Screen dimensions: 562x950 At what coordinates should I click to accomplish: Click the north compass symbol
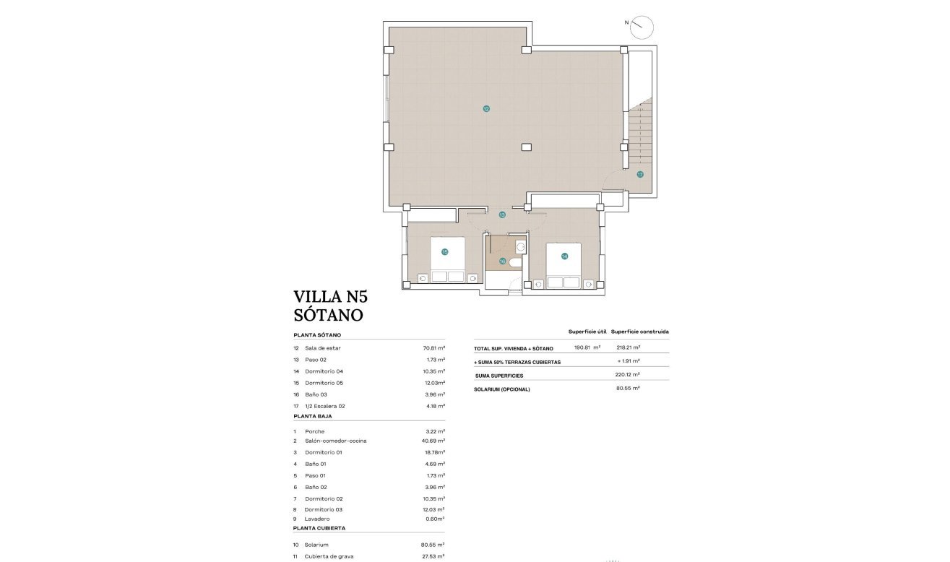(x=641, y=27)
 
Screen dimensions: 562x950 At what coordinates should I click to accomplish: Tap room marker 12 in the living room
(x=486, y=109)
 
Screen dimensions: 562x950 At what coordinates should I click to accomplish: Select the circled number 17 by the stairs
(x=640, y=174)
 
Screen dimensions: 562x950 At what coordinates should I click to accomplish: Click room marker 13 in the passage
(x=501, y=215)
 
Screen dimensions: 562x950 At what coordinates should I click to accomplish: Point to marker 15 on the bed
(x=445, y=252)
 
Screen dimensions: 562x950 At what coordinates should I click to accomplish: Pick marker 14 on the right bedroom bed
(x=564, y=256)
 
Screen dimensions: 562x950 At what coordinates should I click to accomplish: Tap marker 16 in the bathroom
(x=502, y=261)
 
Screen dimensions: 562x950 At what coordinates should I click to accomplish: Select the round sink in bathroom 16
(x=520, y=246)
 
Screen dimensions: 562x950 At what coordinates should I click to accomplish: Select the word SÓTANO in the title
(x=328, y=315)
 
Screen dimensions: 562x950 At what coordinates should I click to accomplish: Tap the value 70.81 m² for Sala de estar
(x=433, y=348)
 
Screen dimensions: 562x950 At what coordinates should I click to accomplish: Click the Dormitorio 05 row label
(x=324, y=383)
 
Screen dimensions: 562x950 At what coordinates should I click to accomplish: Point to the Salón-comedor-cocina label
(x=335, y=441)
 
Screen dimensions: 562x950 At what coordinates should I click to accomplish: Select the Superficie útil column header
(x=587, y=332)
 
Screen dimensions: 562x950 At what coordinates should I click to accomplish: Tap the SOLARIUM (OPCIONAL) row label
(x=502, y=389)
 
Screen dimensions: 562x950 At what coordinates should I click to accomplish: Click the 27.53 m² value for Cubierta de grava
(x=433, y=556)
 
